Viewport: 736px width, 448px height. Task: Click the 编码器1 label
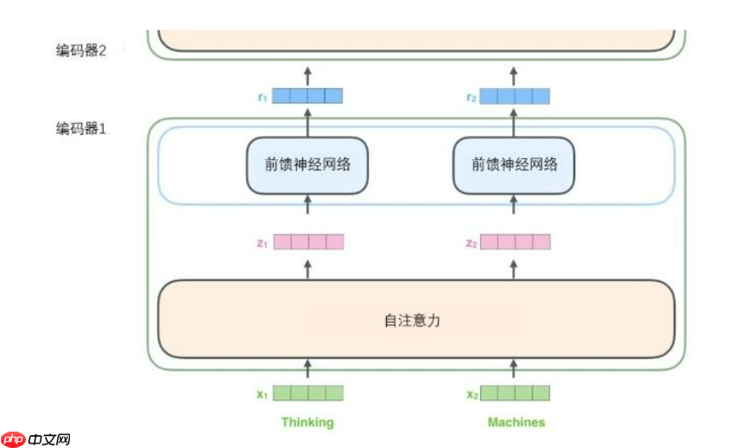[x=80, y=129]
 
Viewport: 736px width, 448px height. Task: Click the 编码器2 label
[x=80, y=50]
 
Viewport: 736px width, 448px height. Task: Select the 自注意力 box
[x=416, y=319]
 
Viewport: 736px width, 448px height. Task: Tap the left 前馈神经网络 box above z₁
[x=308, y=164]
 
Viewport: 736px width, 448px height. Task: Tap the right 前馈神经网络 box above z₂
[x=514, y=164]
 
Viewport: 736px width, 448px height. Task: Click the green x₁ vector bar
[x=308, y=394]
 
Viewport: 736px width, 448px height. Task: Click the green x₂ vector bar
[x=515, y=394]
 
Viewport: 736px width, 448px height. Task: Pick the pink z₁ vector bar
[x=308, y=242]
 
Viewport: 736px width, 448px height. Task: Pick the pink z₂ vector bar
[x=515, y=242]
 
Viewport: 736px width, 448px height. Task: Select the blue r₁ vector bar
[x=308, y=96]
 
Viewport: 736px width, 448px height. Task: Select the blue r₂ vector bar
[x=515, y=96]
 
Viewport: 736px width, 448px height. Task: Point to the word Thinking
[x=307, y=422]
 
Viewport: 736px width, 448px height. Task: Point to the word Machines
[x=516, y=422]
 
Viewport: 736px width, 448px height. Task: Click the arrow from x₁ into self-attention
[x=308, y=369]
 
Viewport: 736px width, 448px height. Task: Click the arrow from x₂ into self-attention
[x=515, y=369]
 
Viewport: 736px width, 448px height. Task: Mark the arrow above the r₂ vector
[x=515, y=73]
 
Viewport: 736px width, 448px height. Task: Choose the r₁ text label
[x=262, y=97]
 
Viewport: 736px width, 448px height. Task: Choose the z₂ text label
[x=470, y=243]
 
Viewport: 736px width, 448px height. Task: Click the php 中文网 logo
[x=35, y=438]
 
